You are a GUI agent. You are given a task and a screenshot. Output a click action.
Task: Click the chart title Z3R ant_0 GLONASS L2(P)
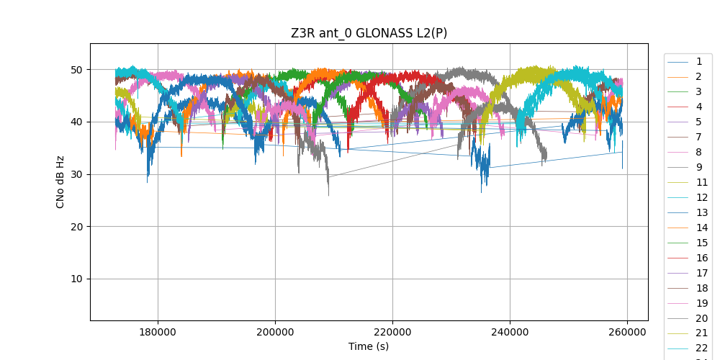click(369, 33)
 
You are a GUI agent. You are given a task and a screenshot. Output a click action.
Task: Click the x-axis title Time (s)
click(369, 346)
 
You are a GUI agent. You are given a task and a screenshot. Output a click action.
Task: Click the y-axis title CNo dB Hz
click(60, 181)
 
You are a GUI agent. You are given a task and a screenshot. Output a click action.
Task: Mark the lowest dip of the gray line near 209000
click(328, 195)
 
